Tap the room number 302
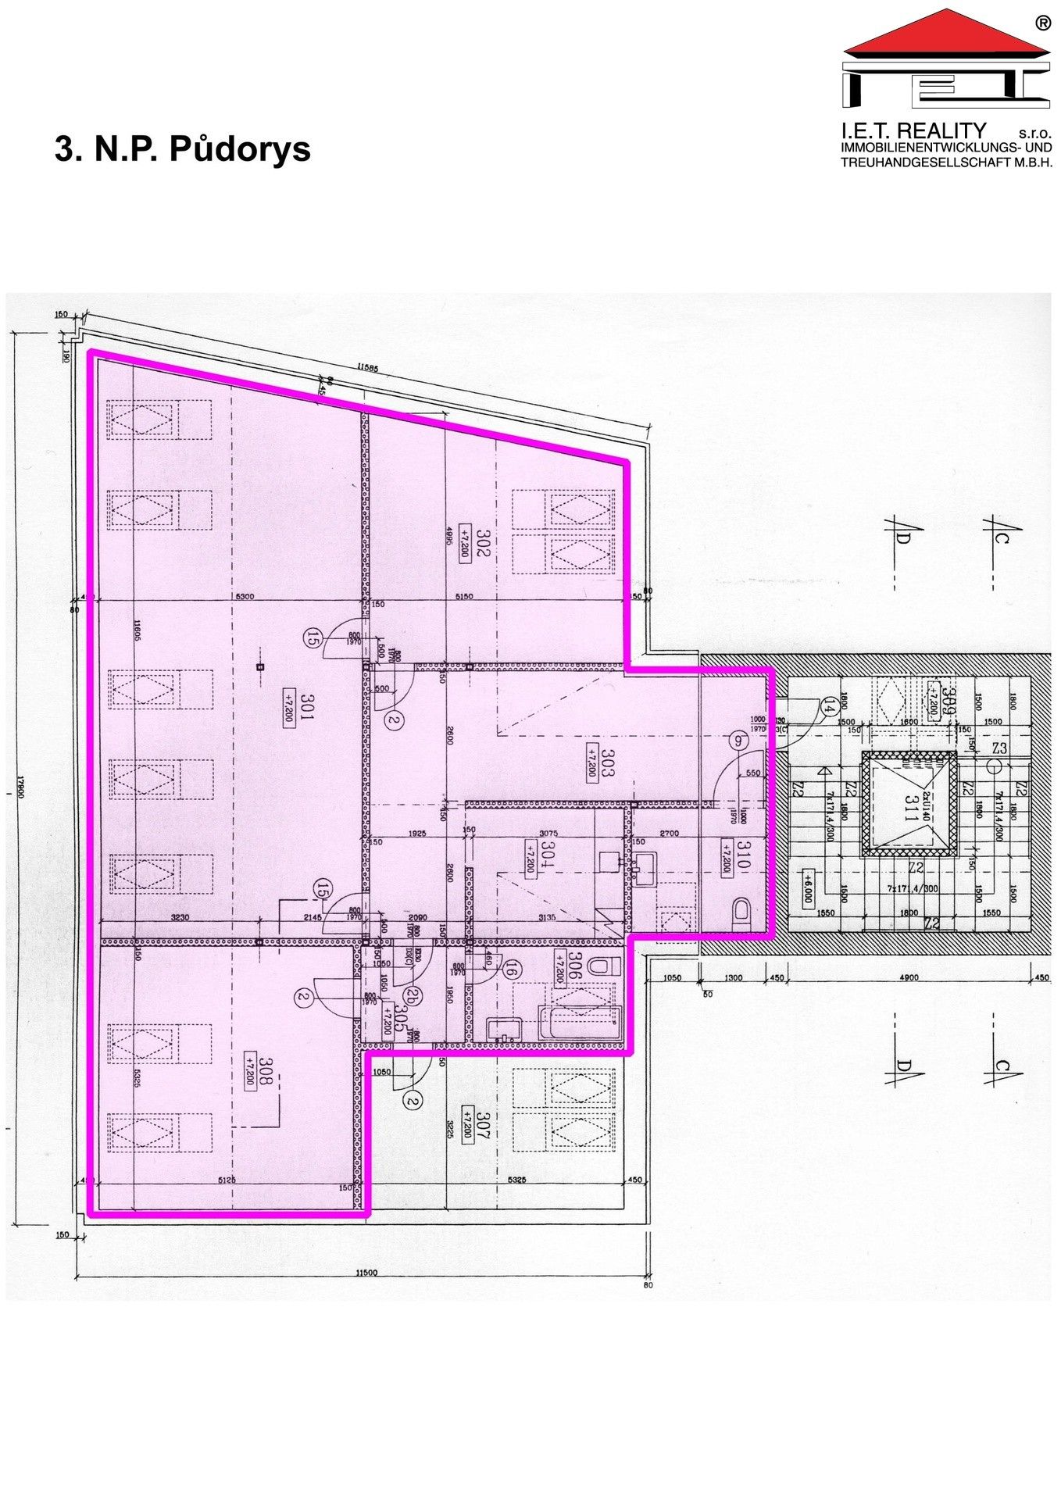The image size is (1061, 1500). click(484, 542)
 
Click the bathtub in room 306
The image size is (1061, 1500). click(580, 1019)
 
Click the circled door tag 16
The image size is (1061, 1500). click(512, 971)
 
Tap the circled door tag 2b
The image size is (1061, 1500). click(411, 995)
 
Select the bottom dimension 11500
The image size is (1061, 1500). click(365, 1272)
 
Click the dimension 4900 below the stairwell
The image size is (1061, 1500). click(909, 977)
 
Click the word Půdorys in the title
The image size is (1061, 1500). click(240, 149)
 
